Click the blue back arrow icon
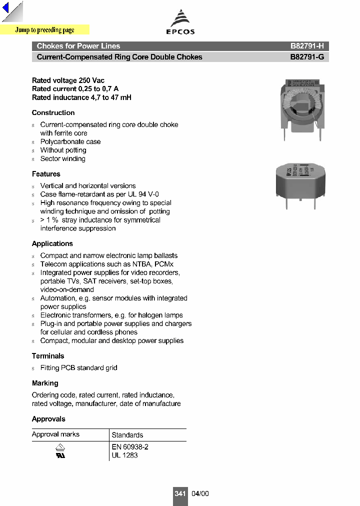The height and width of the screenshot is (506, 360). (6, 9)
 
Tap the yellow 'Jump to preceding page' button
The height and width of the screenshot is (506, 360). (45, 30)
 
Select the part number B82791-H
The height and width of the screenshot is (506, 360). (307, 46)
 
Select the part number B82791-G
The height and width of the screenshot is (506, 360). (307, 57)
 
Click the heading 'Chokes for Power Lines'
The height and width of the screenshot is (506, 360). (78, 46)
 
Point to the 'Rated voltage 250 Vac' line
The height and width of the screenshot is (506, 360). (68, 80)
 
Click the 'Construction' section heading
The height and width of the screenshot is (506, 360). (53, 112)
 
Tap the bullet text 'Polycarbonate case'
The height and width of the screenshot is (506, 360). (70, 141)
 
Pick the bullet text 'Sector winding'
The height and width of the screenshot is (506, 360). (63, 158)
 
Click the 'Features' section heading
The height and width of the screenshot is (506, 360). (46, 174)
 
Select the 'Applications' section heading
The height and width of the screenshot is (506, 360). (52, 243)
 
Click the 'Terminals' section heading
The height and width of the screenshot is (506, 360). (48, 356)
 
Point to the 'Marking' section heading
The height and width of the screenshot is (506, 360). (45, 383)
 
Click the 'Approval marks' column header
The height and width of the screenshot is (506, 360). (55, 434)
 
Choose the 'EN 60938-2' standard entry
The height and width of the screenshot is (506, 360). (130, 447)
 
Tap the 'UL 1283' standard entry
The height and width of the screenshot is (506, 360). (124, 455)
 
